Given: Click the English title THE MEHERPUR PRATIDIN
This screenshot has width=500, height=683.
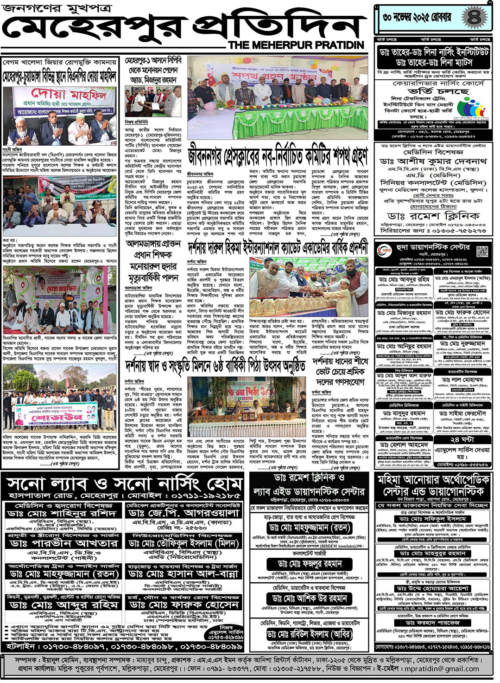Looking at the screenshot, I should point(296,45).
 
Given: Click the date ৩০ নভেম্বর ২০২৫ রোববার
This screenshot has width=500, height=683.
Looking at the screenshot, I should point(417,18).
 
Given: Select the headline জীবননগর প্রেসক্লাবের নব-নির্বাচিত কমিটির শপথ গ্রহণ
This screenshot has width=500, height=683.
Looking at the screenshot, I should point(278,157).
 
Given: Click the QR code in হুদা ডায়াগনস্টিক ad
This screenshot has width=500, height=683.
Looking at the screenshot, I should point(482,251).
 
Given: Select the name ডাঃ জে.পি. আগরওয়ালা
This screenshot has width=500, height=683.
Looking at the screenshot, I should point(184,513).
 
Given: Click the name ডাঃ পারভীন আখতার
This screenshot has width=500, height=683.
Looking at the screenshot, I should point(64,542).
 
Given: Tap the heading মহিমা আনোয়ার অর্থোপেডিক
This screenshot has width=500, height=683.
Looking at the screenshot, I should point(433,479).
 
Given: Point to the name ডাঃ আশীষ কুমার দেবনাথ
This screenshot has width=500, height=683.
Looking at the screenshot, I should point(433,161).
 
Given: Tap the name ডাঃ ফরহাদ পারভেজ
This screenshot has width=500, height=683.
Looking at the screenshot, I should point(432,622).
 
